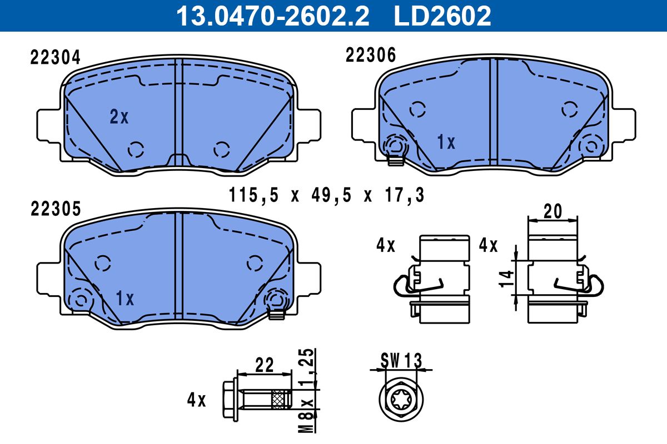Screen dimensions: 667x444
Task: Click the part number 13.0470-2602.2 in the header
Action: [x=273, y=16]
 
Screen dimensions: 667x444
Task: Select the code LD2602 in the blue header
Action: [x=442, y=16]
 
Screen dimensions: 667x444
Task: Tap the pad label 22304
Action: [x=56, y=57]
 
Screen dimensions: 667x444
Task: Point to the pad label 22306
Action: [x=370, y=55]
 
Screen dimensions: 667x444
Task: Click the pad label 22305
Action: [x=56, y=209]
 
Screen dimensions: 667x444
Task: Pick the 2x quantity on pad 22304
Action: [x=119, y=117]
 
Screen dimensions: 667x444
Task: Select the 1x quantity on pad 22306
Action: [x=446, y=142]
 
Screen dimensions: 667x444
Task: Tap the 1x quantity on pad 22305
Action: [x=125, y=298]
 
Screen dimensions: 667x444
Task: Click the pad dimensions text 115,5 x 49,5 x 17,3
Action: [x=326, y=195]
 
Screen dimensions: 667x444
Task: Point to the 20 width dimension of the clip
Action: [x=552, y=211]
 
